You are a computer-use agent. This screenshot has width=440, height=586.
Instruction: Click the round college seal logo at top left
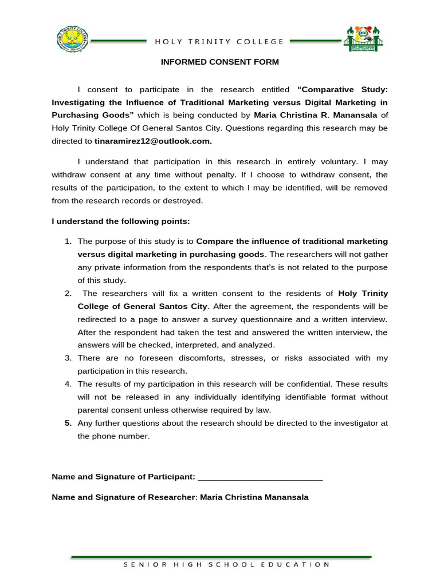click(x=73, y=39)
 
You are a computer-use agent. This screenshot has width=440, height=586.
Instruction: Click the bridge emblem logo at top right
click(x=363, y=38)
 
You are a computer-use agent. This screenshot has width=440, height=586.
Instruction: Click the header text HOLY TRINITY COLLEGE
click(x=219, y=41)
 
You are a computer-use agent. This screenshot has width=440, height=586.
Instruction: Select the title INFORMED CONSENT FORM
click(x=219, y=62)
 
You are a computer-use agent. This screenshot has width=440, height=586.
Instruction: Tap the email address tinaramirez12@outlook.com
click(x=153, y=141)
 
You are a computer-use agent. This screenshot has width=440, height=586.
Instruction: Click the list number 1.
click(x=67, y=241)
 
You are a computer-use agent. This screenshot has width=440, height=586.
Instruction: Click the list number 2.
click(x=67, y=294)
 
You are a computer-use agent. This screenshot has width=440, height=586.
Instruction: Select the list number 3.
click(x=67, y=358)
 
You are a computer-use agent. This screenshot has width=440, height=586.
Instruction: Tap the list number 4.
click(x=67, y=384)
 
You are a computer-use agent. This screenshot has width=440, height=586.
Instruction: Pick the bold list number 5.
click(x=67, y=423)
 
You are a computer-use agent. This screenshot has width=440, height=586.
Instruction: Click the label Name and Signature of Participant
click(x=123, y=477)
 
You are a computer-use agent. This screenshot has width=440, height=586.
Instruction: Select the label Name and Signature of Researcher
click(x=123, y=497)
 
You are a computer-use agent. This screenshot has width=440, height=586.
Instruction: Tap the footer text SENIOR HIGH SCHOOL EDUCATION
click(x=227, y=564)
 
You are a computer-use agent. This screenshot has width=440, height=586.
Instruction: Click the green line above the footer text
click(x=221, y=556)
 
